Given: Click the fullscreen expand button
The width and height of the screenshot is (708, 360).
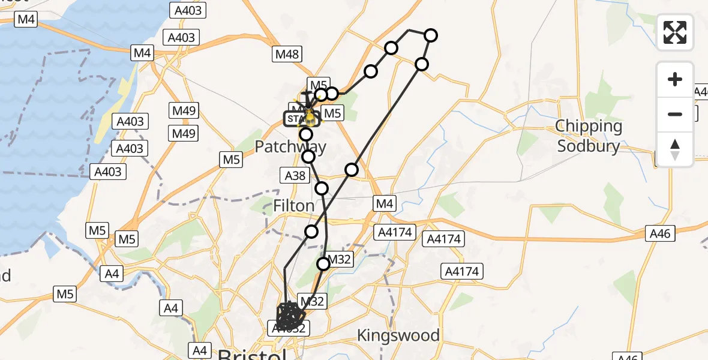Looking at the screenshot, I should [675, 32].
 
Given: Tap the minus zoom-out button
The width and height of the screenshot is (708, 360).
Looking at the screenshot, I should [675, 114].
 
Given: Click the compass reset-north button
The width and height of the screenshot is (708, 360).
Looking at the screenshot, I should [675, 149].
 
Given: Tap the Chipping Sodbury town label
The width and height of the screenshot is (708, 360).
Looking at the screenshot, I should [588, 136].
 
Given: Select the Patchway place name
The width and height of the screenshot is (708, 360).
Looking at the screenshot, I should [291, 147].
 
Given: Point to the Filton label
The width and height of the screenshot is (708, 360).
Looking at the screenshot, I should [293, 206].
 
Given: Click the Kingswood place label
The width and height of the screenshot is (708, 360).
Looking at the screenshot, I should [398, 335].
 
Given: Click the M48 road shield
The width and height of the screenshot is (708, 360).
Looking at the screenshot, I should [286, 55].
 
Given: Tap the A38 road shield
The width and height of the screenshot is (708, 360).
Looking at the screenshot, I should [293, 176].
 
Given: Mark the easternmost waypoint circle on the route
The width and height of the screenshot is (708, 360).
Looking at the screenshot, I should [431, 35].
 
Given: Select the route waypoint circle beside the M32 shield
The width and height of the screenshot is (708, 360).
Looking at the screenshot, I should [324, 263].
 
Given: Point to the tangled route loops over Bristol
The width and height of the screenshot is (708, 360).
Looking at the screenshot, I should [290, 314].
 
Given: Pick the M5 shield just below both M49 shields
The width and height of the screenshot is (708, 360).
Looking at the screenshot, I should [232, 160].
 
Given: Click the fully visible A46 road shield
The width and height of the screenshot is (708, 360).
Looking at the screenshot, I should [661, 232].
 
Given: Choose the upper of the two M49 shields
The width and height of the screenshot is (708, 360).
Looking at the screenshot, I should [184, 112].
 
